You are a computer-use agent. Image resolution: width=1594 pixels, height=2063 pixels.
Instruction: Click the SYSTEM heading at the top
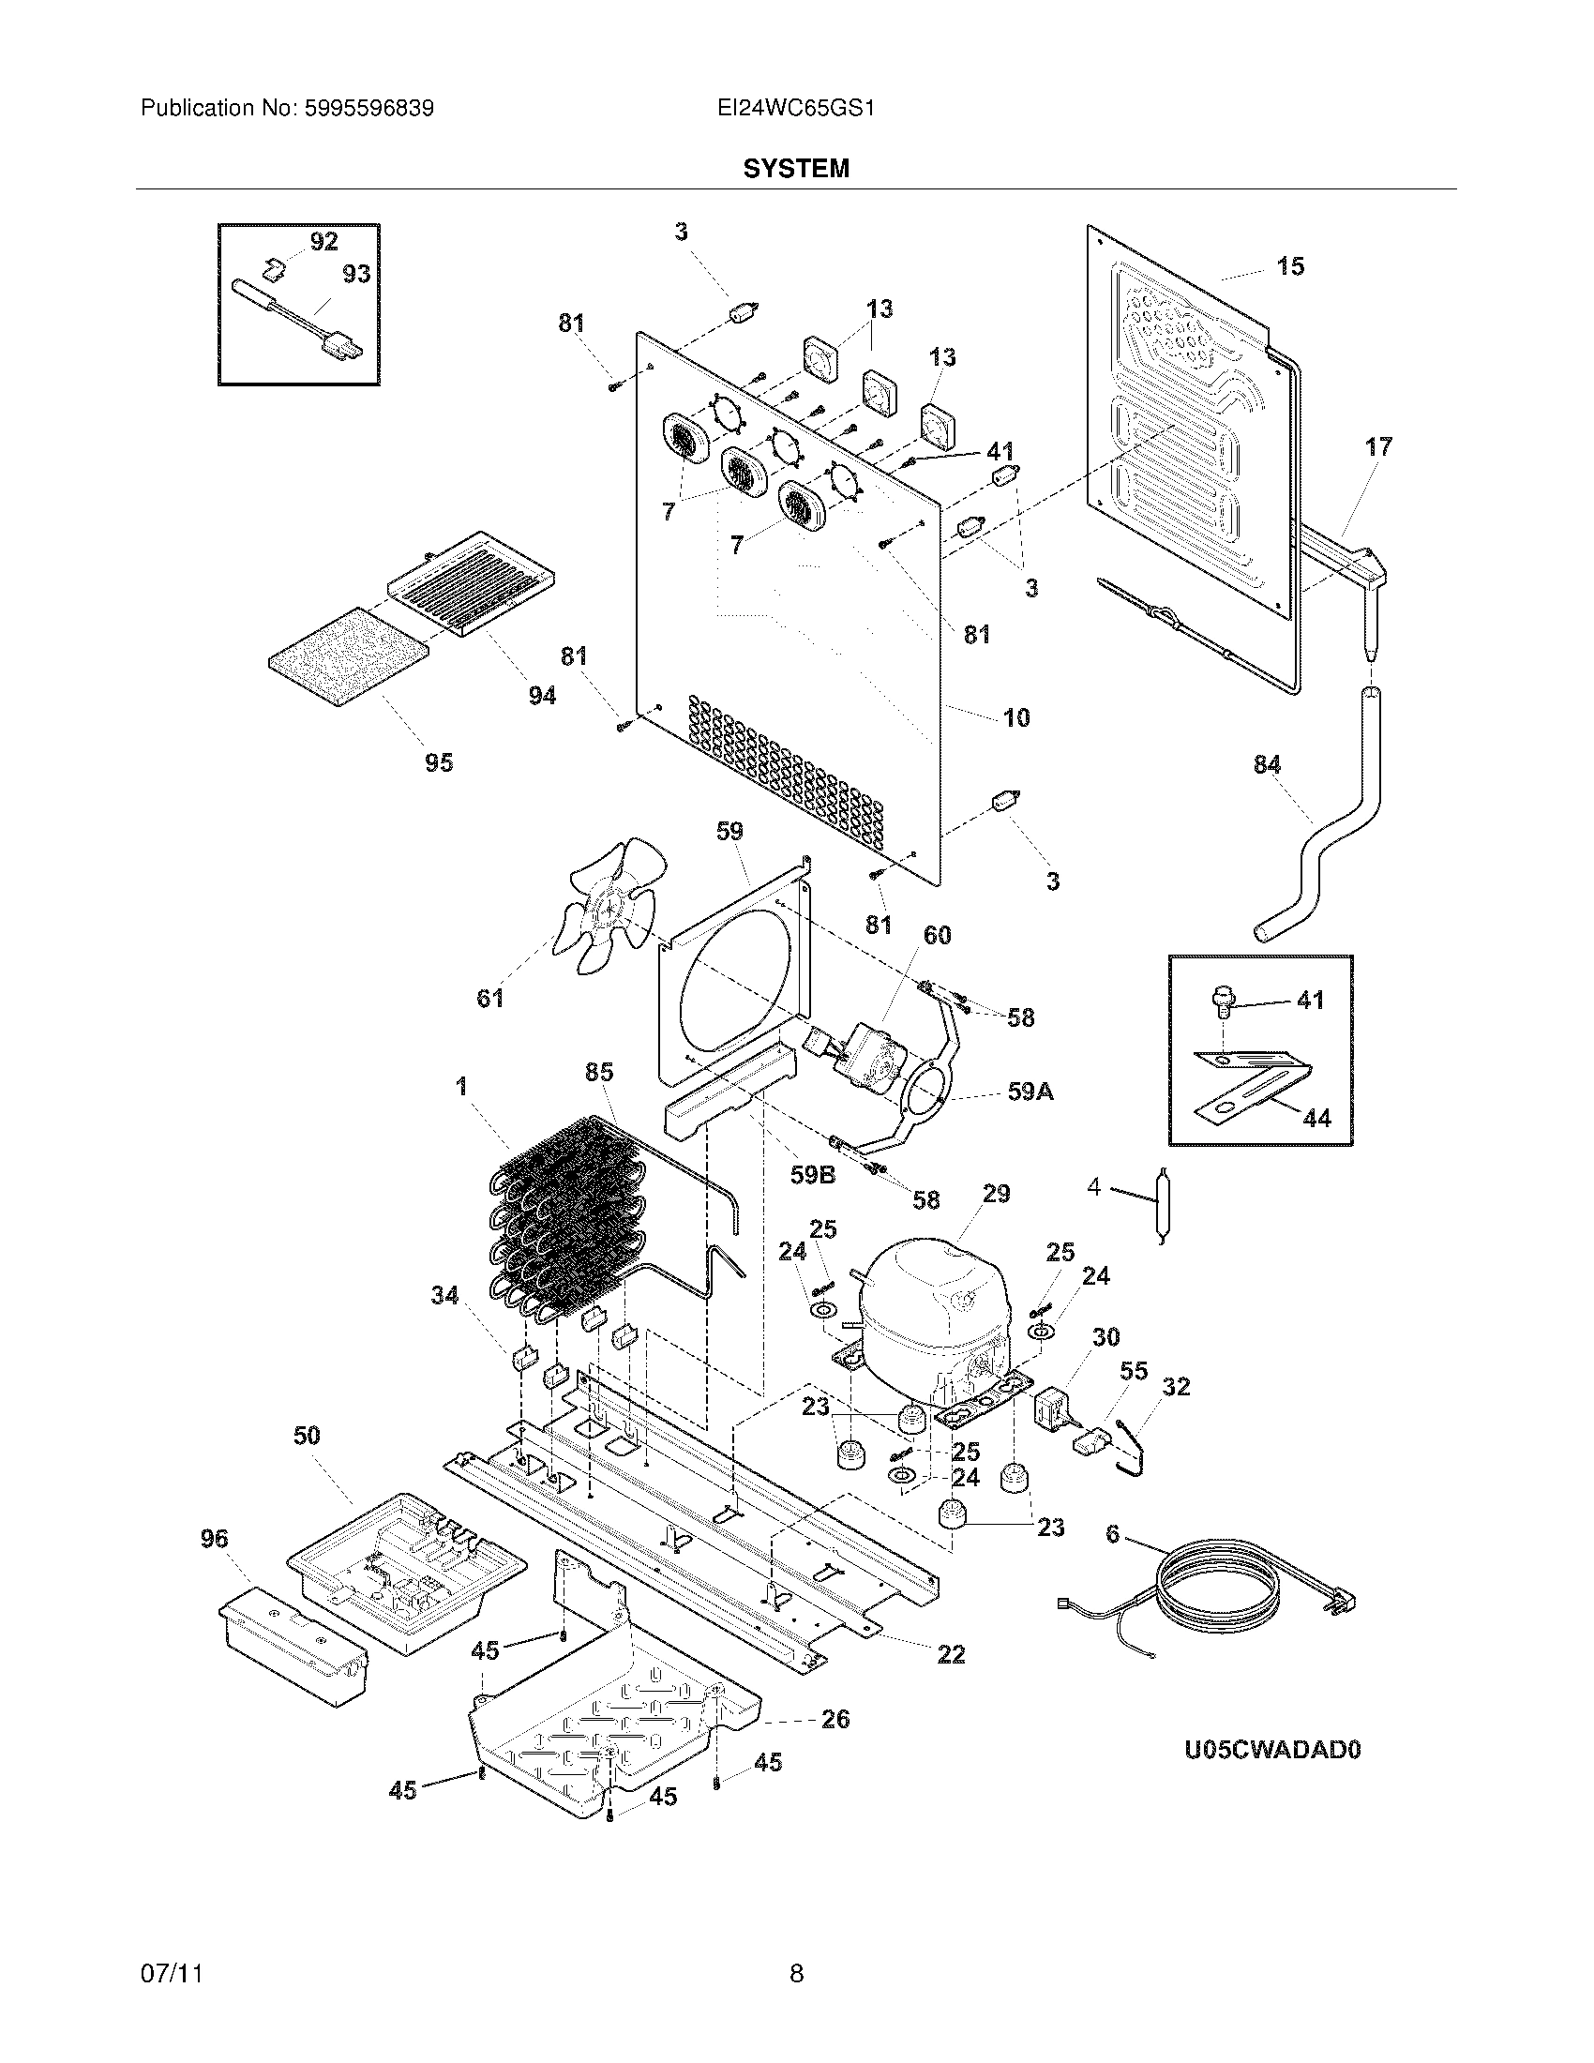tap(796, 168)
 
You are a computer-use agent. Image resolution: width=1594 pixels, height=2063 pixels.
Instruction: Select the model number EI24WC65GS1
tap(796, 109)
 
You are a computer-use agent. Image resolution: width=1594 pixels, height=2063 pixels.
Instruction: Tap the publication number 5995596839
tap(369, 109)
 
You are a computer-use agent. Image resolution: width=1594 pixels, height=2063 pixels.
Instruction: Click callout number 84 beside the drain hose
tap(1268, 764)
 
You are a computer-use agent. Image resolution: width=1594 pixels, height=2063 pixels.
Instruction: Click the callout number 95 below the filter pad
tap(439, 762)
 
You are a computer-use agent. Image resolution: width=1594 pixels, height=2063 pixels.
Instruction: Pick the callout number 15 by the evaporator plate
tap(1290, 266)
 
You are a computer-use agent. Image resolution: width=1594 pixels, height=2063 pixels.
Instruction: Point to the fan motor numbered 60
tap(869, 1053)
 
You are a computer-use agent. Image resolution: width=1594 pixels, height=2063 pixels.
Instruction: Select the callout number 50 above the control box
tap(307, 1436)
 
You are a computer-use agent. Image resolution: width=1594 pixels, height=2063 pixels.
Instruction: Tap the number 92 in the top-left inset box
tap(323, 242)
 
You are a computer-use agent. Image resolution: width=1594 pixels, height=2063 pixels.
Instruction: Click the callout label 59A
tap(1030, 1092)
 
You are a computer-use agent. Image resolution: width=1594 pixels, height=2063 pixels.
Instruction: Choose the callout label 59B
tap(813, 1174)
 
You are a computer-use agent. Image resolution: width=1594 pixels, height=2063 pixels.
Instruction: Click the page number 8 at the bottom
tap(796, 1973)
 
